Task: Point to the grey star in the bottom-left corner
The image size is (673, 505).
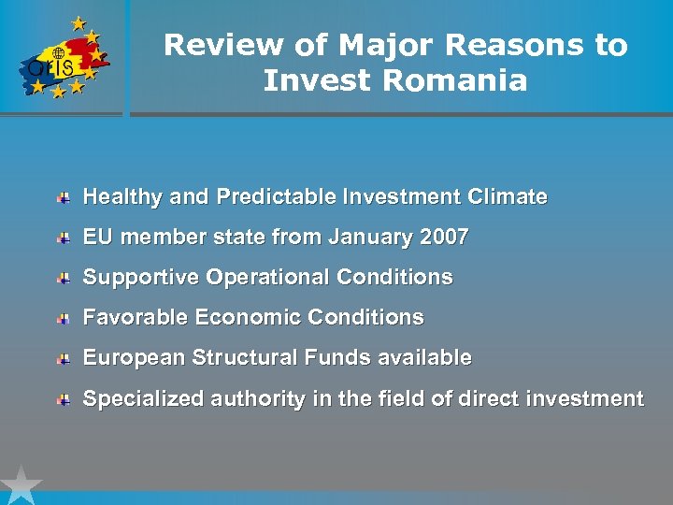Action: click(x=20, y=486)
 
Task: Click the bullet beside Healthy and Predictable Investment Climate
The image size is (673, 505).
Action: click(x=64, y=198)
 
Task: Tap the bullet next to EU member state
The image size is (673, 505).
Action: click(x=64, y=238)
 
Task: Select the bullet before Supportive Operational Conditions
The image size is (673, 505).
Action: click(x=64, y=279)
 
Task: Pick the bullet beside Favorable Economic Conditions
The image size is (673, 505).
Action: click(x=64, y=319)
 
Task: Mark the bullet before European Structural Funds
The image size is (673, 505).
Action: click(x=64, y=359)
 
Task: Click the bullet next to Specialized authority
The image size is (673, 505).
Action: click(x=64, y=399)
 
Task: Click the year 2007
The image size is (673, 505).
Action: click(x=444, y=238)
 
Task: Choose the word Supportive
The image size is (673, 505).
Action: click(x=141, y=278)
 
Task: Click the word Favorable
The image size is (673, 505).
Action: click(x=136, y=318)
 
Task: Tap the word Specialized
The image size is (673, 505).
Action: click(x=144, y=399)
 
